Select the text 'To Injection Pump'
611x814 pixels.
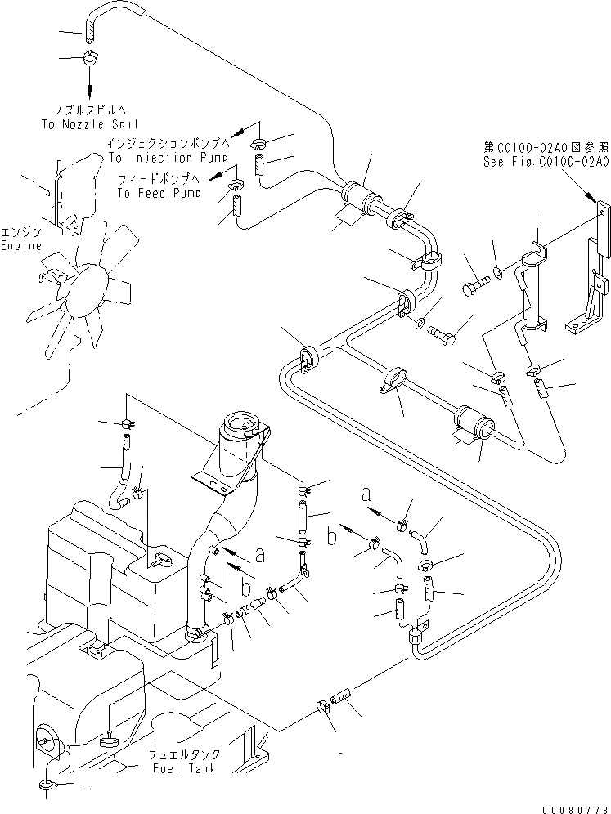[x=161, y=157]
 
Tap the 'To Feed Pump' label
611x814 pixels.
[x=158, y=193]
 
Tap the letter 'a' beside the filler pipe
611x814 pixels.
[x=260, y=554]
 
